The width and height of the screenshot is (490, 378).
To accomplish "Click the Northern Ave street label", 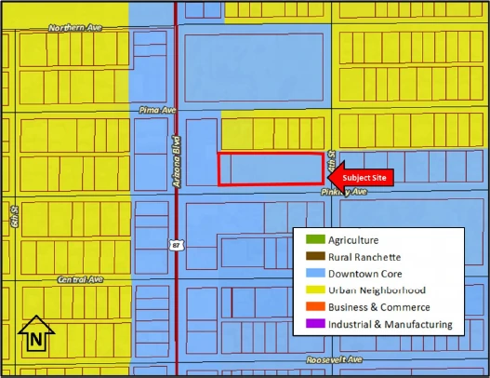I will pos(74,29).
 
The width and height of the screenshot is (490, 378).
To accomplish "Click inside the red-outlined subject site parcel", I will pos(270,169).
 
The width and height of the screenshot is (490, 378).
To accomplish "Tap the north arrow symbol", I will pos(35,335).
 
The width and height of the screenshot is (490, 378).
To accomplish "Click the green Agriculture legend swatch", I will pos(313,240).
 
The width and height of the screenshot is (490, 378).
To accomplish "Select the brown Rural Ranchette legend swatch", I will pos(313,257).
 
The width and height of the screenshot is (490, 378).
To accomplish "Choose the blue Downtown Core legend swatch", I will pos(313,274).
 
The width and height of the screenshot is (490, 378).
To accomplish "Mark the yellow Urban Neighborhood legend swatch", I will pos(313,290).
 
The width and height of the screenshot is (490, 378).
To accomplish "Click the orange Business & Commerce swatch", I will pos(313,307).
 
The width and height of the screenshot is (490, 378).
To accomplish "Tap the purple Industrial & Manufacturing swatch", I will pos(313,324).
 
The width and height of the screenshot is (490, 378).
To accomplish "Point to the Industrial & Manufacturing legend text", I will pos(391,324).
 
